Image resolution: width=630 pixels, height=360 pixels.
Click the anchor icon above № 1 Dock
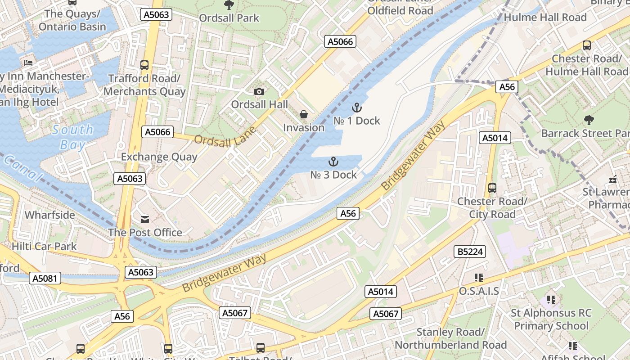(356, 108)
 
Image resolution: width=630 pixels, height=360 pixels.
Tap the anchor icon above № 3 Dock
(333, 162)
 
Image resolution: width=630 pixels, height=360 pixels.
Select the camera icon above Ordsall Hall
(259, 92)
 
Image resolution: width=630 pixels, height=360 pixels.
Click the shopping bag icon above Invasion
(304, 115)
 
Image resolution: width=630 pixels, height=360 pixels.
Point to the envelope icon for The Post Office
(145, 220)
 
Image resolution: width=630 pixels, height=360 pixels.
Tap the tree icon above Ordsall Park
(229, 5)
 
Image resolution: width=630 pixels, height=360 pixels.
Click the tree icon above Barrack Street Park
(589, 120)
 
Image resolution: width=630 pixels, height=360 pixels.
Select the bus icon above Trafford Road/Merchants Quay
(144, 65)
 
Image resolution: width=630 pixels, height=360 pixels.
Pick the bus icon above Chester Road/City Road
(492, 188)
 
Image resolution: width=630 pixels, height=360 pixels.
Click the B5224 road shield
(470, 252)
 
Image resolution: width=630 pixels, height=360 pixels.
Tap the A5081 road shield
(45, 278)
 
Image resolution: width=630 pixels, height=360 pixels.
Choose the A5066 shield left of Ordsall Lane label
(157, 132)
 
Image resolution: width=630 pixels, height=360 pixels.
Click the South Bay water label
(72, 137)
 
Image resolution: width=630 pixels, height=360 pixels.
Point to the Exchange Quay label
(159, 157)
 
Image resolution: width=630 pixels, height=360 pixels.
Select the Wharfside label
(49, 215)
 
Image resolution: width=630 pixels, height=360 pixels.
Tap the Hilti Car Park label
(44, 246)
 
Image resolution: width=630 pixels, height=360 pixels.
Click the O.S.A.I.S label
(479, 291)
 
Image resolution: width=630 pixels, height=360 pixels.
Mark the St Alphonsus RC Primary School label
(551, 319)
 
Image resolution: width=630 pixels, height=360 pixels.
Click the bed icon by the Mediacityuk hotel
(28, 63)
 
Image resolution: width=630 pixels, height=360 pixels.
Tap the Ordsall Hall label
(259, 104)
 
